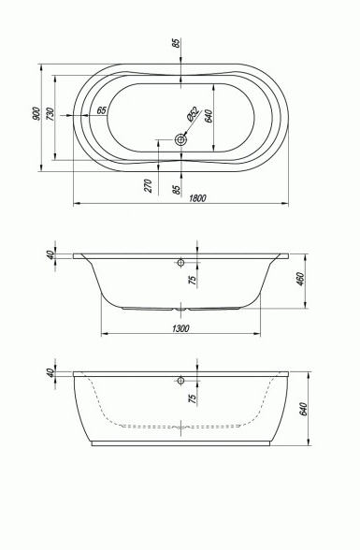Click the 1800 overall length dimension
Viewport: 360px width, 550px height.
tap(197, 198)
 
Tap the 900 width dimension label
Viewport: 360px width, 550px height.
tap(35, 113)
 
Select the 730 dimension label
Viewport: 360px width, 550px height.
tap(50, 114)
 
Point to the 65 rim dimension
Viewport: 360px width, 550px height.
tap(101, 110)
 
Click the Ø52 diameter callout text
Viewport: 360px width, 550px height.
tap(193, 114)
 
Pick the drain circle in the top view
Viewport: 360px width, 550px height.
tap(180, 140)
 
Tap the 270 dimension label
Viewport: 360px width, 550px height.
tap(149, 185)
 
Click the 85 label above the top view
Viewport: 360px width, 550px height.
tap(177, 42)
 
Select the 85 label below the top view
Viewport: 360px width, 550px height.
tap(177, 189)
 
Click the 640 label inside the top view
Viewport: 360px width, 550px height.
tap(209, 116)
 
